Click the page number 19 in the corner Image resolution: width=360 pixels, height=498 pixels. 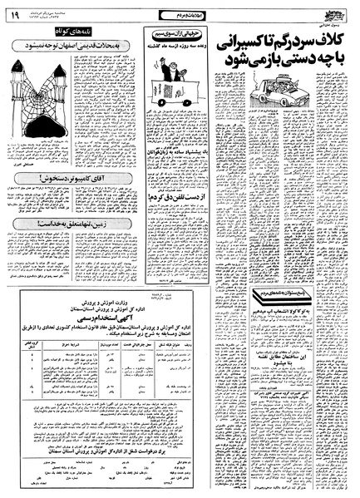coord(14,12)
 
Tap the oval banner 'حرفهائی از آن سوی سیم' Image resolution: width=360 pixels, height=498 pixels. coord(173,32)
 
